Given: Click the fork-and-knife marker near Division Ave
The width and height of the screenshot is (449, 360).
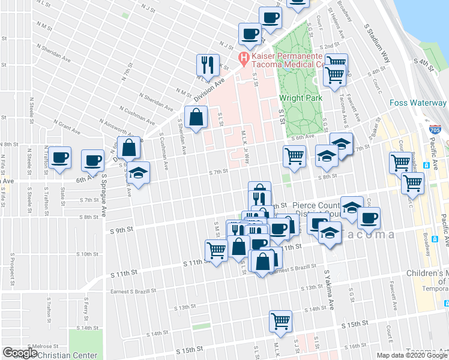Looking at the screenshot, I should click(x=206, y=64).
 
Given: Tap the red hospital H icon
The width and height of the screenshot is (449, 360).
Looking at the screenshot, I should click(x=244, y=58).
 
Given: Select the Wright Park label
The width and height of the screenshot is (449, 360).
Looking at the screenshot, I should click(x=301, y=98).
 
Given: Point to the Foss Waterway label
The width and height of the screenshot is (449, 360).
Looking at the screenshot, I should click(x=418, y=103).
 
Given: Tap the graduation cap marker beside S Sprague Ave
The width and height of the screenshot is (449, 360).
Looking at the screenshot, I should click(x=139, y=173).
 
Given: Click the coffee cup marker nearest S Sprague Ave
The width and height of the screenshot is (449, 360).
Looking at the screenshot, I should click(x=92, y=160).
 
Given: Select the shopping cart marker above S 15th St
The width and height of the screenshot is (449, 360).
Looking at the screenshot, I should click(x=280, y=320).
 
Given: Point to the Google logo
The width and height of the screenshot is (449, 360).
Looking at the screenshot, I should click(x=20, y=353).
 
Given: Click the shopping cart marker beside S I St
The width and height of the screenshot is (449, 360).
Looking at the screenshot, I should click(x=294, y=155).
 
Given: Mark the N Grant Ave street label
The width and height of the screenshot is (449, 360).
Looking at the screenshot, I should click(x=66, y=125).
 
